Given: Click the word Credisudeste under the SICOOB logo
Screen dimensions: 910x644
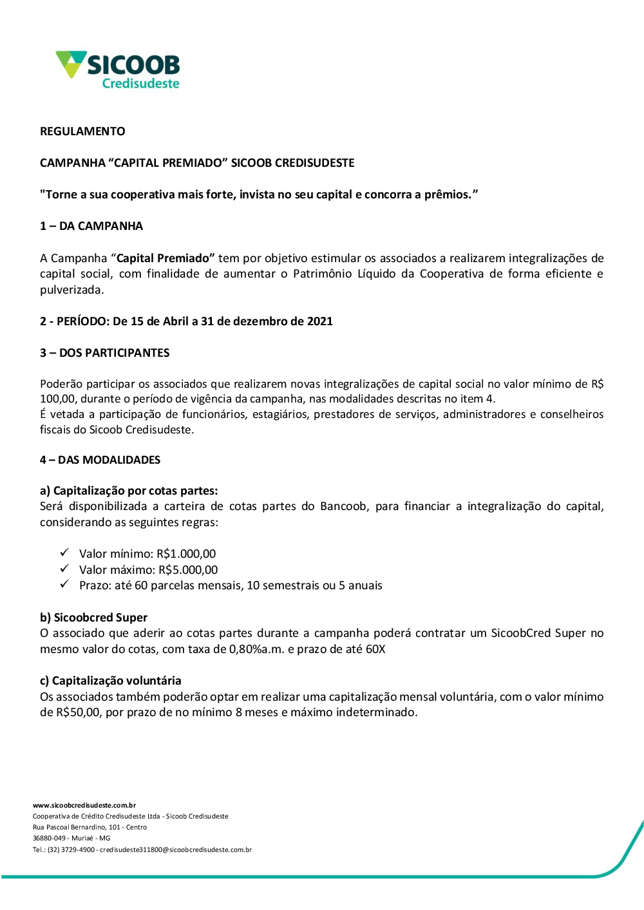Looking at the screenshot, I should click(140, 84).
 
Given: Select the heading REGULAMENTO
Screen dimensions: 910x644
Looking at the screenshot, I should click(82, 131).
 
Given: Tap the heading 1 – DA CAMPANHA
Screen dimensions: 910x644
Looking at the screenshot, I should click(91, 226).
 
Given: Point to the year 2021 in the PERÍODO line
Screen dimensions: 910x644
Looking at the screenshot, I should click(320, 321).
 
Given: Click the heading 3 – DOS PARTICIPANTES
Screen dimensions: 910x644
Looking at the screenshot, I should click(105, 353).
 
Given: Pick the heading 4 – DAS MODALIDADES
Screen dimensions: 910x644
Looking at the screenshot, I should click(100, 460).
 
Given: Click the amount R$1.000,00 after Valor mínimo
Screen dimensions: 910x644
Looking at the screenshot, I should click(186, 554).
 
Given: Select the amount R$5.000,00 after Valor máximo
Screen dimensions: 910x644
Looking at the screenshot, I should click(188, 570).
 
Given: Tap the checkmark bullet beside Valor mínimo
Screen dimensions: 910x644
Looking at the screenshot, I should click(64, 553).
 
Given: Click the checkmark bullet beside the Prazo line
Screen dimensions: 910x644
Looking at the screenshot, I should click(64, 584).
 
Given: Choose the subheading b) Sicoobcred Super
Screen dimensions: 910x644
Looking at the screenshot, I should click(94, 618).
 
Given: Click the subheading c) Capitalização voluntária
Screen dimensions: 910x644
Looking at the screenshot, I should click(111, 681).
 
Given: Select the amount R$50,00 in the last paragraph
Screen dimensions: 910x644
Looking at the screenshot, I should click(78, 712).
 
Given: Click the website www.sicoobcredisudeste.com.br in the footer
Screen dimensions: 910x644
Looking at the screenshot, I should click(84, 805).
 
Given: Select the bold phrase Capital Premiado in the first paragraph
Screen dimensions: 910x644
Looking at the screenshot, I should click(164, 258).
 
